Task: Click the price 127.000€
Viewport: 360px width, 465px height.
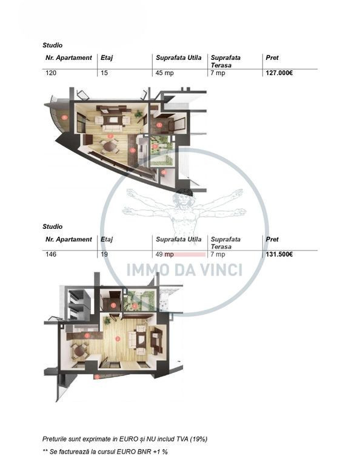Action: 279,73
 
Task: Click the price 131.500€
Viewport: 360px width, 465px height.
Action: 279,254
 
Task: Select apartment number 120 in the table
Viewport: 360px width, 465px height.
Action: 51,73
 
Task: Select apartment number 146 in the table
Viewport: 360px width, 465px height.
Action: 51,254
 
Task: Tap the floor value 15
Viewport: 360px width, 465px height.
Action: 104,73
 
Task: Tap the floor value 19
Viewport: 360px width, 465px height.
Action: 104,254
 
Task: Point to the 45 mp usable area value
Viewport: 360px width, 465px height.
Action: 164,73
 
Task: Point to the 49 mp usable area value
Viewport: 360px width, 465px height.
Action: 164,254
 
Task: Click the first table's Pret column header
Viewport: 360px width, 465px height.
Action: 272,58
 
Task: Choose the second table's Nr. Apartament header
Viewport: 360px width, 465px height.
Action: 68,239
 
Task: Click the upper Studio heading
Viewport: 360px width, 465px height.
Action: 53,45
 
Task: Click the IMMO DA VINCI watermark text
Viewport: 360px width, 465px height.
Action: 184,269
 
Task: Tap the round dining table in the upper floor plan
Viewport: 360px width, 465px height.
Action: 109,146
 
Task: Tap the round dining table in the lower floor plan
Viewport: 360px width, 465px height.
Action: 79,351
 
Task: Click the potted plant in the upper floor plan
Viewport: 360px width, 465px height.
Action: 138,113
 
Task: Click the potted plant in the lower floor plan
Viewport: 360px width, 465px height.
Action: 107,320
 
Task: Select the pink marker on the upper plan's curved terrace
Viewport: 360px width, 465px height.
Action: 64,117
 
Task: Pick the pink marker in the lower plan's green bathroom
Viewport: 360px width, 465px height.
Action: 135,306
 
